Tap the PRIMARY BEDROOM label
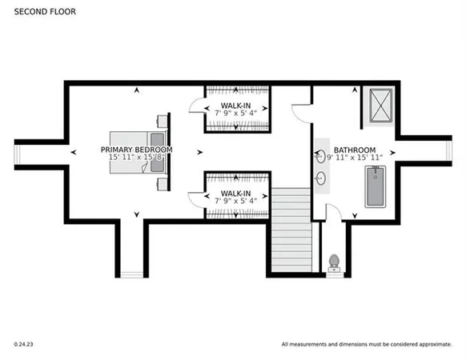(136, 150)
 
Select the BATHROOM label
(354, 150)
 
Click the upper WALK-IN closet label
(236, 106)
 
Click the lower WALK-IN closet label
(236, 193)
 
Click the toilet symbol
(334, 262)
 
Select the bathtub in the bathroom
(376, 186)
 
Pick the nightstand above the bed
(163, 122)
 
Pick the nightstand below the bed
(163, 183)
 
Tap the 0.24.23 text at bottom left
(23, 344)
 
